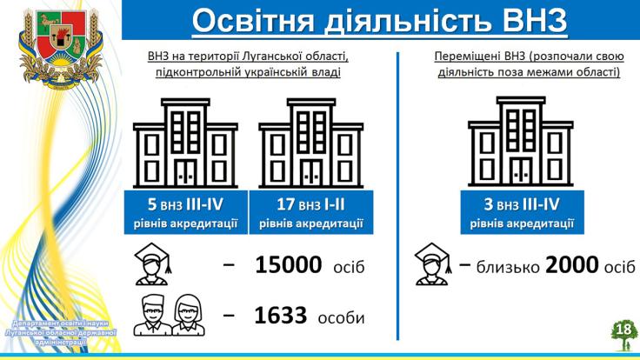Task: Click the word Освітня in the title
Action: coord(253,20)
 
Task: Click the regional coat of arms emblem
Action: coord(61,48)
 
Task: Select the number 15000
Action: coord(288,265)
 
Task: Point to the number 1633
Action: coord(280,316)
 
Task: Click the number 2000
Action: coord(572,265)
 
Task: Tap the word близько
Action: coord(508,267)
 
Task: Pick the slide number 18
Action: coord(624,329)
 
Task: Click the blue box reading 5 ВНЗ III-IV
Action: coord(186,212)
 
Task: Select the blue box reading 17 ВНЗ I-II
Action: coord(311,212)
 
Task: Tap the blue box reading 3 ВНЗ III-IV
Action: coord(522,212)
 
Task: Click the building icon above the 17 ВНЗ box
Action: coord(311,143)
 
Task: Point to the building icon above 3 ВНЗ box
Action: coord(521,142)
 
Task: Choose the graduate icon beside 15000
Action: coord(153,263)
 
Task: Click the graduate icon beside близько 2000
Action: coord(433,263)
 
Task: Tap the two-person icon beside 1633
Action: coord(170,315)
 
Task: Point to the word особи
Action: coord(341,317)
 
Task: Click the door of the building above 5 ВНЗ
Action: coord(186,172)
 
